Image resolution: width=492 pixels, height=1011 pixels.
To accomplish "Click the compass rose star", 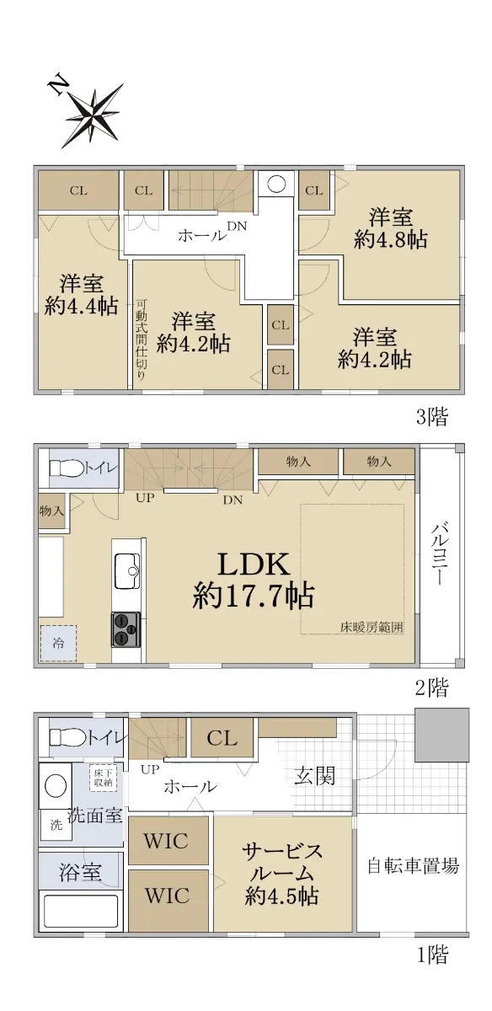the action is pos(94,115).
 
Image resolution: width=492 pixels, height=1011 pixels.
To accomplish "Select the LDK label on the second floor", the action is pos(254,564).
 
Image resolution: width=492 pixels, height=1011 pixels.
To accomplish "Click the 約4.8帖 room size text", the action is pos(391,239).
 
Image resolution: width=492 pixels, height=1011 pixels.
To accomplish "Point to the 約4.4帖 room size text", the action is pos(82,306).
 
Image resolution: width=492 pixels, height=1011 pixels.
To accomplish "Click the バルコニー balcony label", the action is pos(439,554).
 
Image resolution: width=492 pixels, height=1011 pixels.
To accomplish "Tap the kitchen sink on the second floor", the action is pos(128,571).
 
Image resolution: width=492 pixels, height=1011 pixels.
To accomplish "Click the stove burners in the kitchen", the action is pos(126,629).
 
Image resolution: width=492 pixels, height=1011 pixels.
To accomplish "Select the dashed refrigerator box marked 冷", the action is pos(58,643).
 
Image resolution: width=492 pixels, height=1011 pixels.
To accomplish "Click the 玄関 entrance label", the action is pos(315,776).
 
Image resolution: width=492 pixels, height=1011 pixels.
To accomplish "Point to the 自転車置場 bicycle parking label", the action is pos(413,866).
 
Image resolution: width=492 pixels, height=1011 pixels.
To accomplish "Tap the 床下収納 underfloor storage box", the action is pos(104,777).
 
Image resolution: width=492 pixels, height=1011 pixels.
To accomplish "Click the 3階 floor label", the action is pos(432,418).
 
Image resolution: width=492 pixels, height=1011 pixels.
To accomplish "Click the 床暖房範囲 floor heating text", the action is pos(372,627).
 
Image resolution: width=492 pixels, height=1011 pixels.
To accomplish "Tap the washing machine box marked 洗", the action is pos(56,825).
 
